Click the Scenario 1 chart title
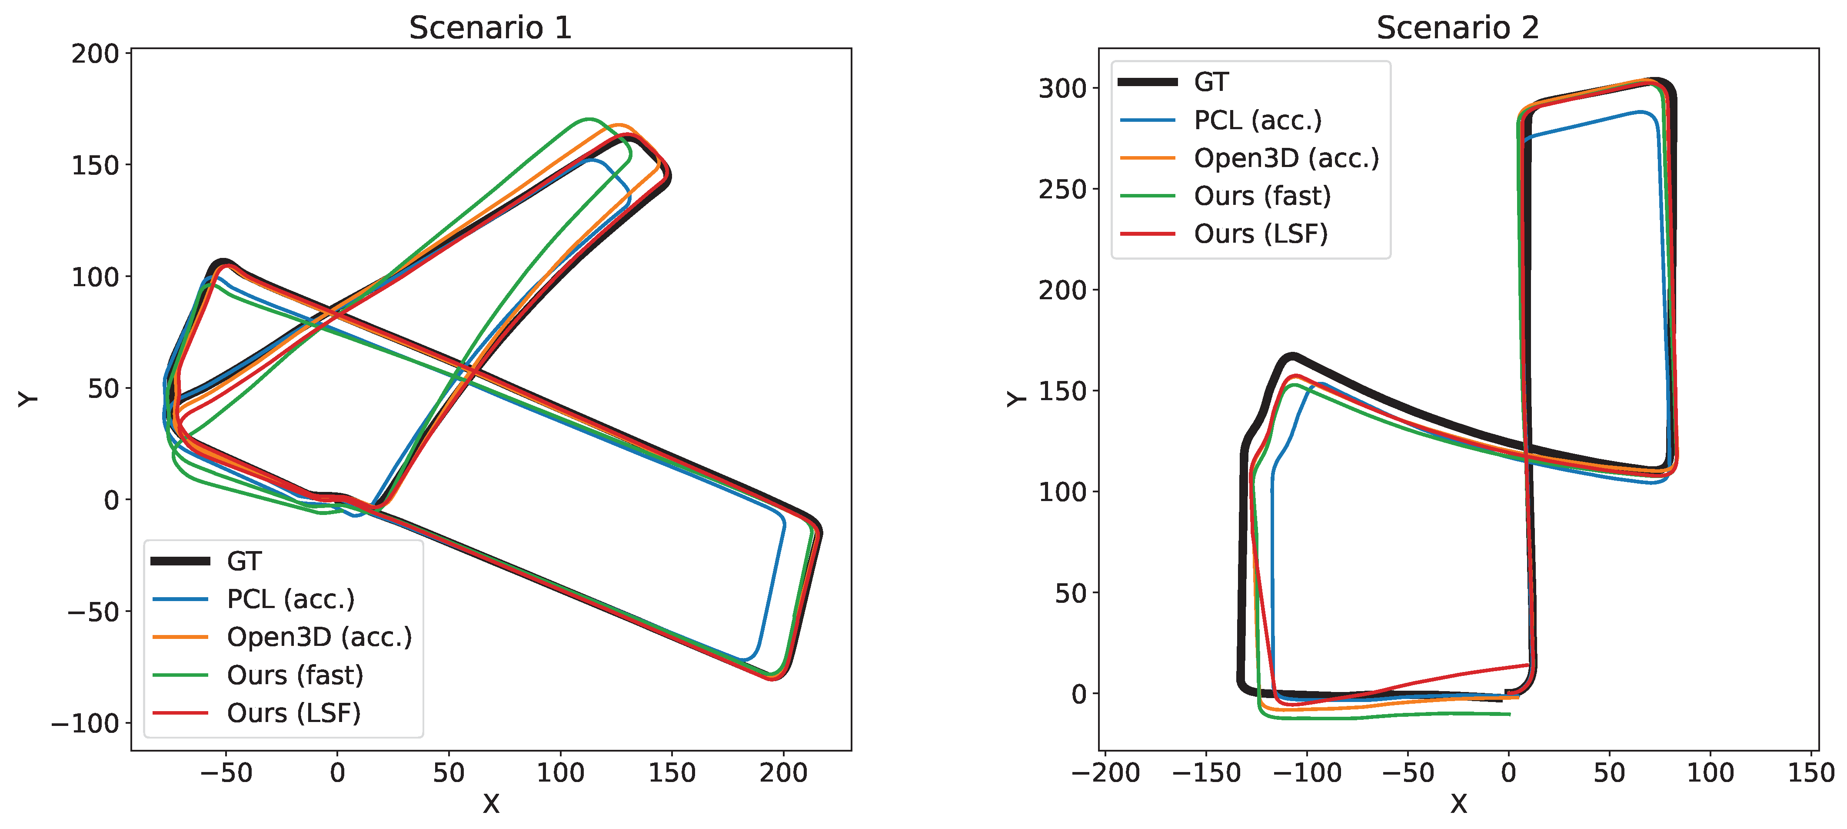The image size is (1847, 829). point(490,28)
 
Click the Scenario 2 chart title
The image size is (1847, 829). point(1458,28)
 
